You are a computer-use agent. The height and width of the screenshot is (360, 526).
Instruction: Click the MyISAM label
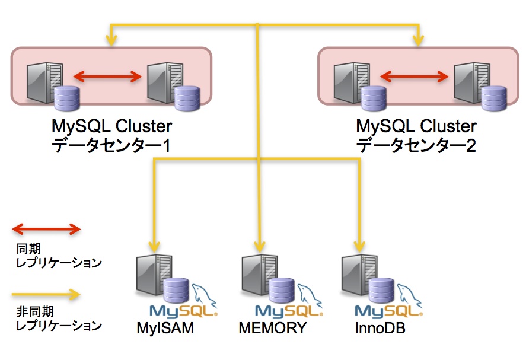[x=165, y=328]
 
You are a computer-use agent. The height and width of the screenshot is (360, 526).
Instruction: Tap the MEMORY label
[x=272, y=328]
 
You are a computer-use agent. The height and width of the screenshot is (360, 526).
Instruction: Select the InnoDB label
[x=380, y=328]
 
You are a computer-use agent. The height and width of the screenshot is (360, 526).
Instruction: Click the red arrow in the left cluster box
[x=108, y=77]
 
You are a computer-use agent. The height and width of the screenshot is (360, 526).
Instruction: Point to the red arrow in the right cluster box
[x=415, y=77]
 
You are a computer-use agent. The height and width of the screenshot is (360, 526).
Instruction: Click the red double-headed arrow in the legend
[x=46, y=229]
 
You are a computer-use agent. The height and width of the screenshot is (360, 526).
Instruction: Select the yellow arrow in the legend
[x=46, y=295]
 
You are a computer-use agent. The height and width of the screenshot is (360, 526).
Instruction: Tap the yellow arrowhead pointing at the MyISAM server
[x=154, y=247]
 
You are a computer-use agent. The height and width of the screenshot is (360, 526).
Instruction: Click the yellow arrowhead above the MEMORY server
[x=259, y=247]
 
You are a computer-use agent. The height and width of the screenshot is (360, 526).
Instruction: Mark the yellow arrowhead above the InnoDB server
[x=359, y=247]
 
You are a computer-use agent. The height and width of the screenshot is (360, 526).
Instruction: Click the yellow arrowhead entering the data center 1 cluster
[x=111, y=40]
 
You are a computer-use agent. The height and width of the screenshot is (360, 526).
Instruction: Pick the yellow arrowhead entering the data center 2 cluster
[x=418, y=40]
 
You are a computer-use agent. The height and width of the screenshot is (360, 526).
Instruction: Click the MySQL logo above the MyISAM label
[x=183, y=311]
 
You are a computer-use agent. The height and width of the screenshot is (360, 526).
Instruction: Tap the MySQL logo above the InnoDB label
[x=388, y=311]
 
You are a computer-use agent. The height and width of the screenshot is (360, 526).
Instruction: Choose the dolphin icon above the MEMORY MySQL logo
[x=310, y=295]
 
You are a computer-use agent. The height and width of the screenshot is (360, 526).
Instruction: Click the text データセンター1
[x=111, y=146]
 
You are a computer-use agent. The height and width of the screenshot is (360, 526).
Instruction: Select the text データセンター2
[x=416, y=146]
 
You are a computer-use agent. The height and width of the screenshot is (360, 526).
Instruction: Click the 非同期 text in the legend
[x=35, y=312]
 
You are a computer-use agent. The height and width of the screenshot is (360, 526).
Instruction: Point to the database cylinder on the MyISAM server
[x=176, y=291]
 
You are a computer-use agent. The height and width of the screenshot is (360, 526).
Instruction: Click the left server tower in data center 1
[x=44, y=82]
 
